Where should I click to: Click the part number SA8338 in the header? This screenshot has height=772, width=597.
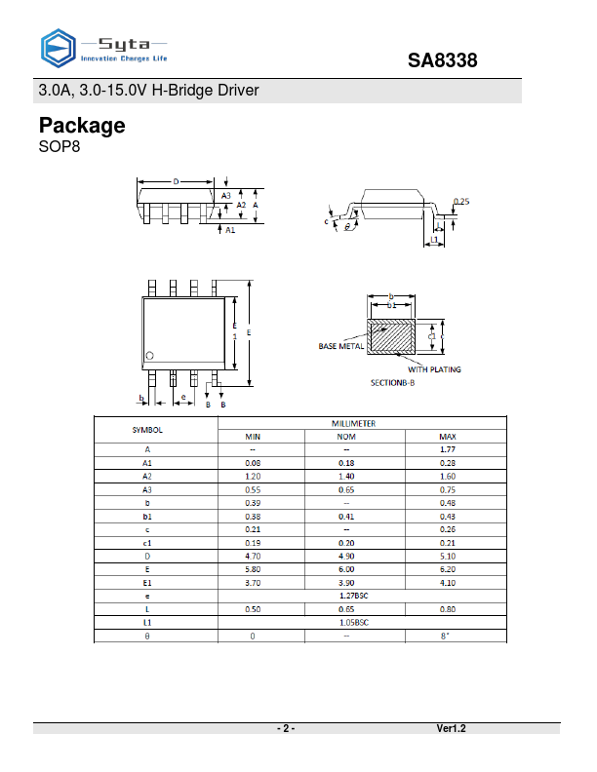tap(442, 61)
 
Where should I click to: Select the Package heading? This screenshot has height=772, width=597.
tap(82, 126)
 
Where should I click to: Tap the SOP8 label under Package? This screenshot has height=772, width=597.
tap(59, 148)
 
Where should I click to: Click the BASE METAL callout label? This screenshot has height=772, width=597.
tap(341, 346)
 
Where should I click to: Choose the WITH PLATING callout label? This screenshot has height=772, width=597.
tap(434, 369)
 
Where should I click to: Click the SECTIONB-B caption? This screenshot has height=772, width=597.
tap(392, 383)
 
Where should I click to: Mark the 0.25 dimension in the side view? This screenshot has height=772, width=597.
tap(462, 202)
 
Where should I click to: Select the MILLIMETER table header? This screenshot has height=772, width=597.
tap(361, 424)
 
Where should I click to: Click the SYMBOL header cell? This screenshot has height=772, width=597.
tap(147, 430)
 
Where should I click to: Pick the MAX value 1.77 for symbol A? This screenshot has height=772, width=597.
tap(448, 449)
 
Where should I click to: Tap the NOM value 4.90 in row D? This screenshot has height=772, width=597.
tap(345, 556)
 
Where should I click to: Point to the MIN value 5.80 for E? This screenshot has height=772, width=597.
tap(253, 568)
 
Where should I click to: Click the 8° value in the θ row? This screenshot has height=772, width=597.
tap(448, 635)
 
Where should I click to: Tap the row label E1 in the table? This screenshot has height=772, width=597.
tap(147, 582)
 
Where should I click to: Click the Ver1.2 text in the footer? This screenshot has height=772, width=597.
tap(451, 729)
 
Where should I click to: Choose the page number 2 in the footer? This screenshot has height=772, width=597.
tap(286, 729)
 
